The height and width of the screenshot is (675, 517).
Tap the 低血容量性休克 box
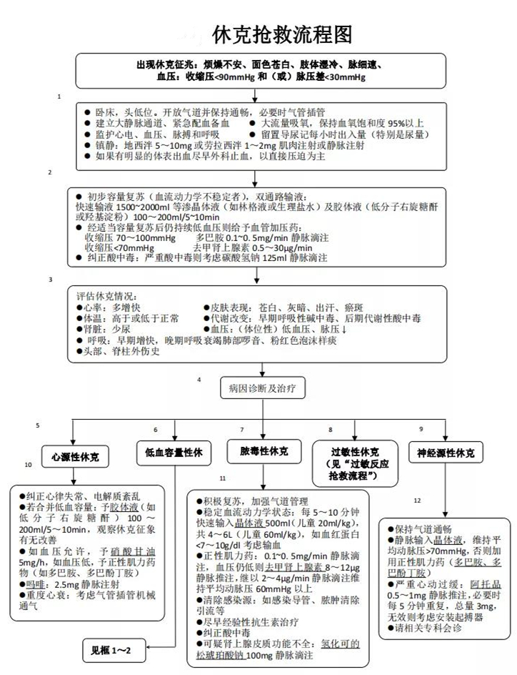[x=174, y=452]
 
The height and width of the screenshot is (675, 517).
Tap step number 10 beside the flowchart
[x=29, y=465]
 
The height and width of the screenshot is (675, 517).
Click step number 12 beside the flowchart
[x=417, y=501]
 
